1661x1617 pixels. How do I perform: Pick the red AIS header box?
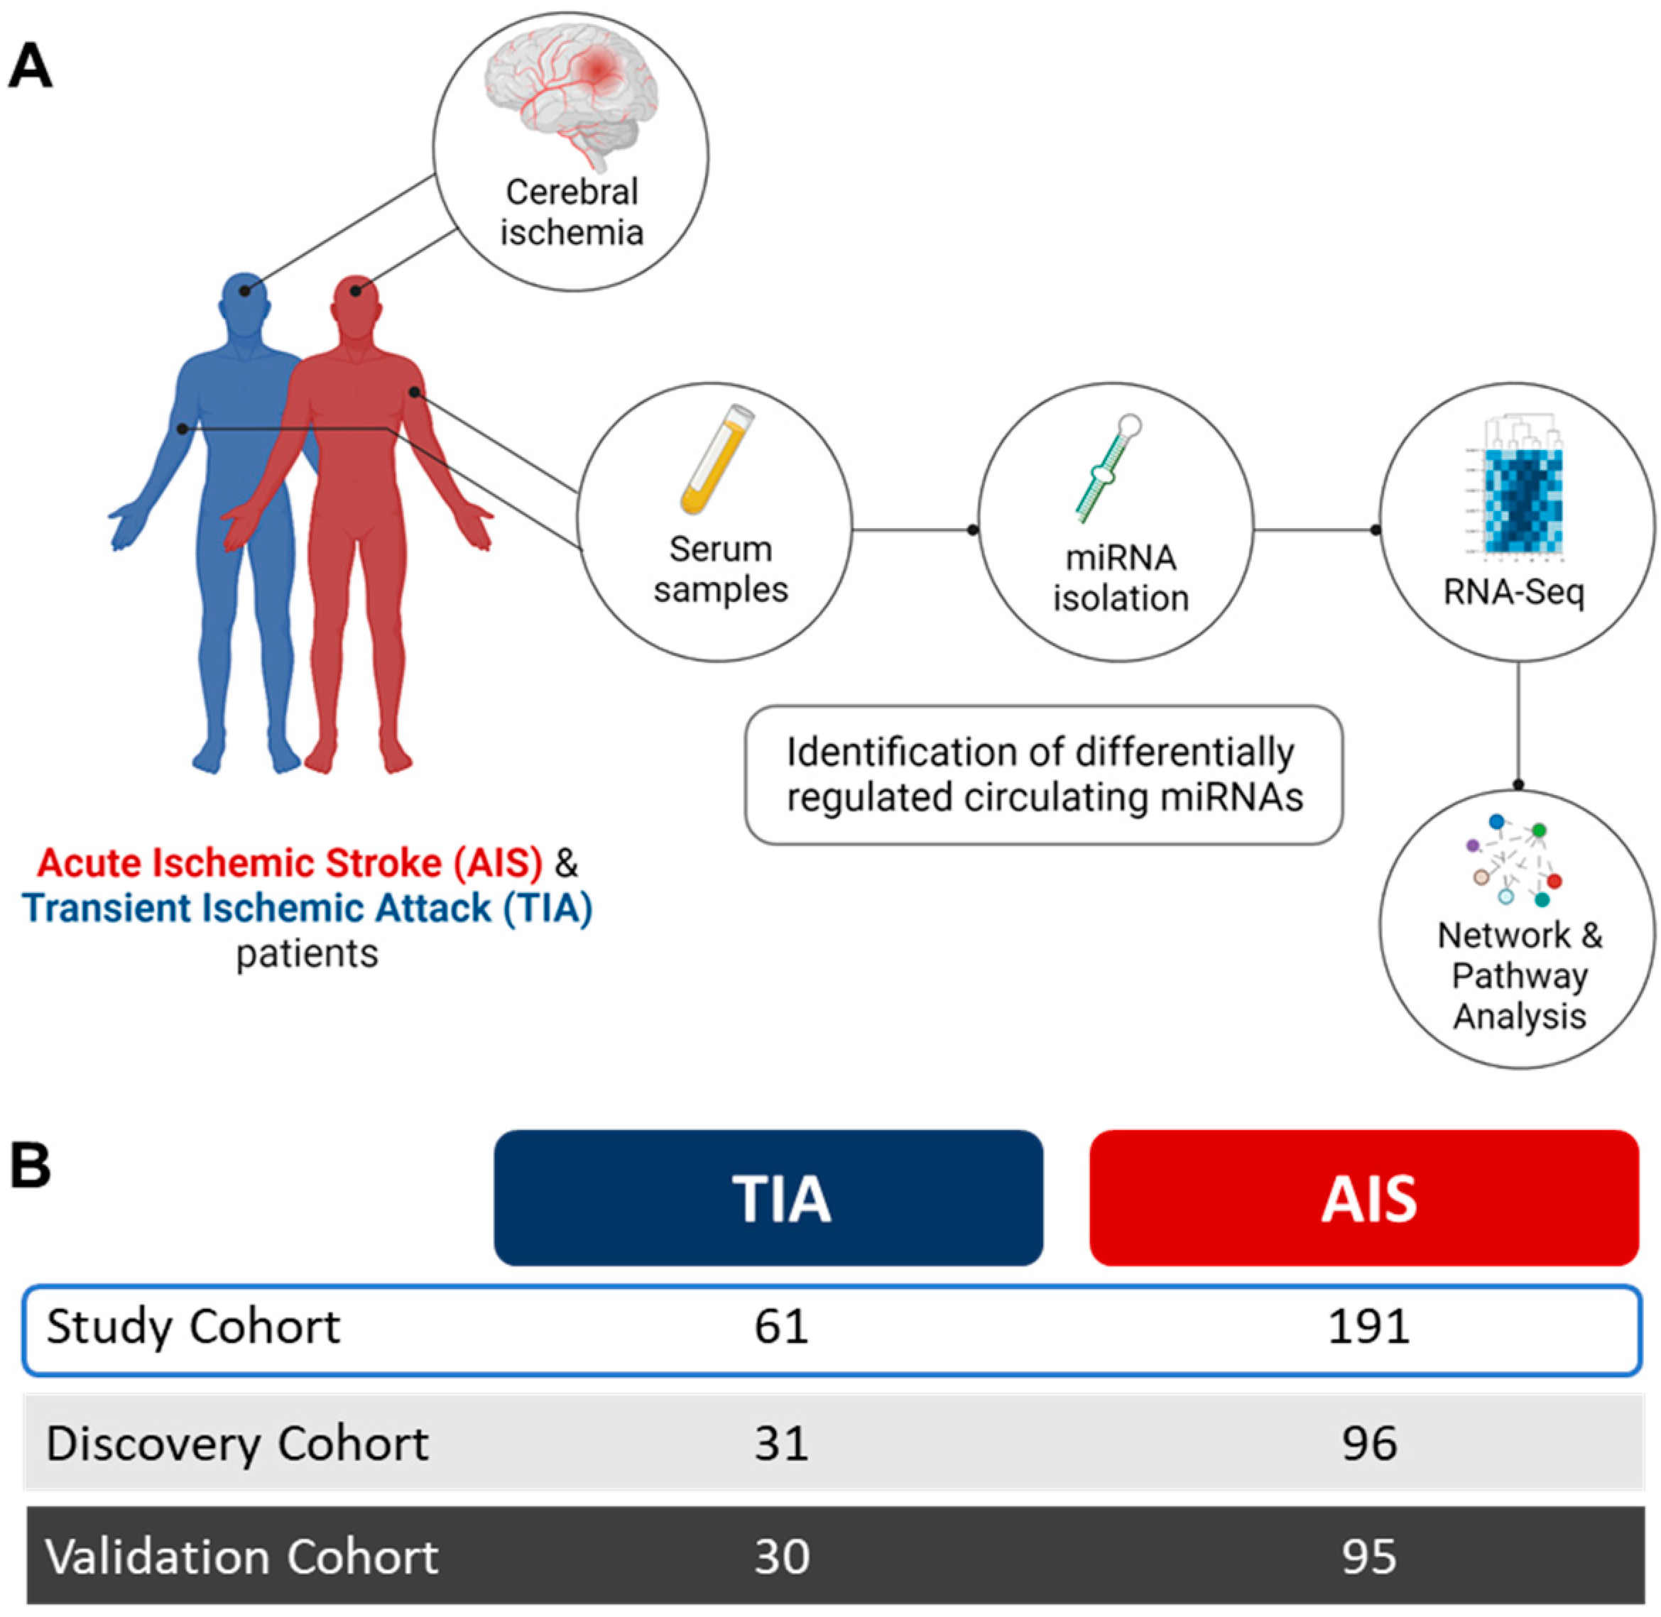(1363, 1197)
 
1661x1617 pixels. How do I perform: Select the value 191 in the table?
(1368, 1326)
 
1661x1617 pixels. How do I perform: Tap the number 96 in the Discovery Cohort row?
(1368, 1443)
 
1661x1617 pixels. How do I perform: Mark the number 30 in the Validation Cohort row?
(781, 1557)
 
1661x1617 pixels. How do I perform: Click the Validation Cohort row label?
(241, 1557)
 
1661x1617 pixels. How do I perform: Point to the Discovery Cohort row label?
(237, 1443)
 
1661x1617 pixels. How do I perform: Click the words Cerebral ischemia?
(571, 212)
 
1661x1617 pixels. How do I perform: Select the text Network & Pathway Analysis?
(1518, 976)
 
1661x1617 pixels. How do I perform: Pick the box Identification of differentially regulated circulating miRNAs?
(1043, 774)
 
